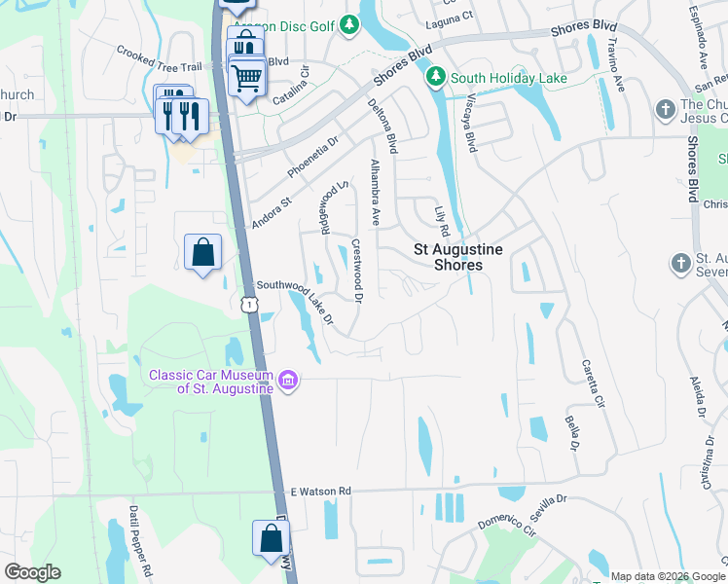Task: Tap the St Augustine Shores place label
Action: point(458,257)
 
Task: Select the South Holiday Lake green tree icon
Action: point(437,76)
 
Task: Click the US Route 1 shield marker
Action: point(250,305)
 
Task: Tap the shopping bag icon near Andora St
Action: point(202,253)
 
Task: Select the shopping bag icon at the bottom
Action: point(271,538)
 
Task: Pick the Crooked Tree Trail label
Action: point(159,58)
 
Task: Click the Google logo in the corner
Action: point(32,571)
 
